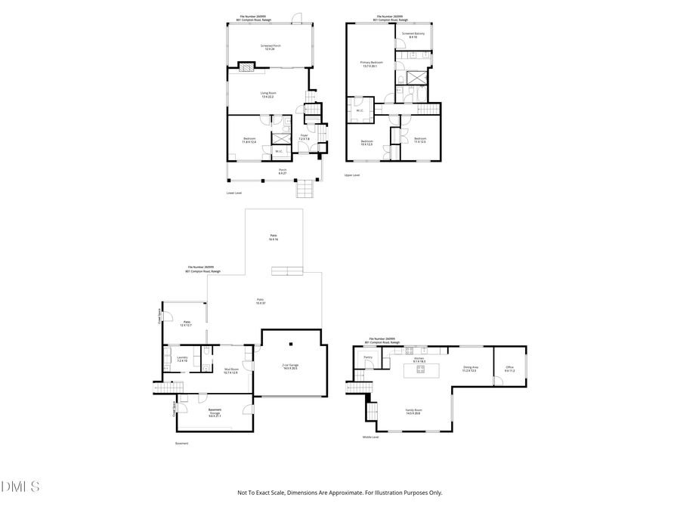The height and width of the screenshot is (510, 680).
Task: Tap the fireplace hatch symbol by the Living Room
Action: click(x=246, y=66)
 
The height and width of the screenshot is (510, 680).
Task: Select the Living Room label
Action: click(x=268, y=94)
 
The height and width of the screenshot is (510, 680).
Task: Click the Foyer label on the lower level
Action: click(x=304, y=138)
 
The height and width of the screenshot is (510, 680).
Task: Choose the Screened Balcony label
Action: click(x=413, y=35)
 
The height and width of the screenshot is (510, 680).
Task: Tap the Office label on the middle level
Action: click(x=509, y=369)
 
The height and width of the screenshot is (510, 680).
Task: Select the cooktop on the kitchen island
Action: click(x=420, y=369)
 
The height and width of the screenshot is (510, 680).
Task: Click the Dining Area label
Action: click(x=469, y=369)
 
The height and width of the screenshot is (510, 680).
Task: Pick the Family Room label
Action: click(x=413, y=412)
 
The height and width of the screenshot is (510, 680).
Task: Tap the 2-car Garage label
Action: click(x=290, y=366)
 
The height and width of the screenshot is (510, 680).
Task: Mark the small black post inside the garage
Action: click(x=258, y=348)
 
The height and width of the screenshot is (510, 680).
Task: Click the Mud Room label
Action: click(x=230, y=370)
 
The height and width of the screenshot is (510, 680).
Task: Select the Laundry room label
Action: click(x=181, y=359)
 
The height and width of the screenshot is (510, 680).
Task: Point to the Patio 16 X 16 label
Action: click(x=274, y=237)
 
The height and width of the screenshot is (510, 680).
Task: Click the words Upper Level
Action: click(x=352, y=175)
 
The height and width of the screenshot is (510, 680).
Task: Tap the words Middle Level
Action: click(x=370, y=437)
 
